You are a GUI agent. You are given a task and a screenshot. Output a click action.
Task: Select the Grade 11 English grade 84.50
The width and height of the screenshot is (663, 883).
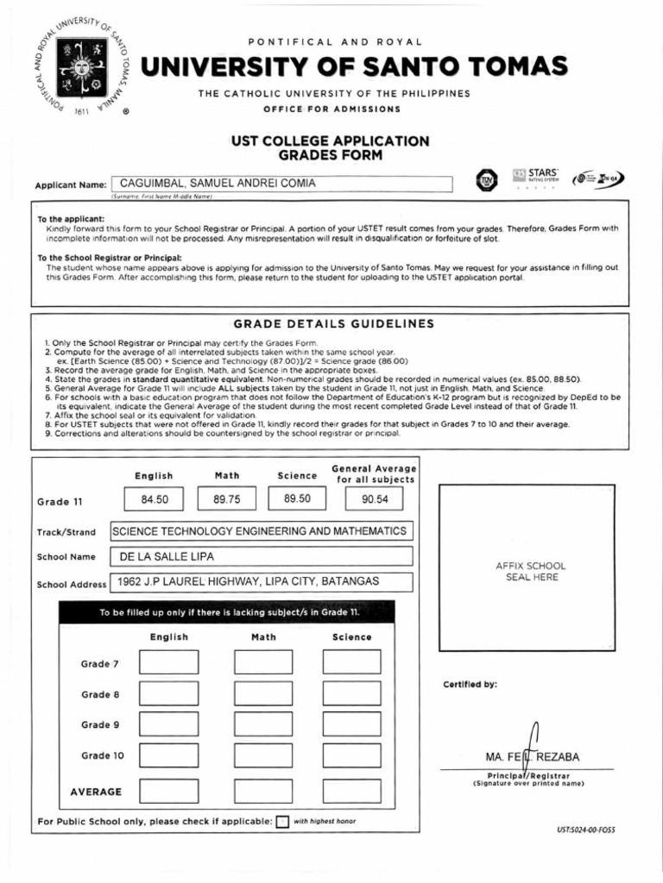point(156,499)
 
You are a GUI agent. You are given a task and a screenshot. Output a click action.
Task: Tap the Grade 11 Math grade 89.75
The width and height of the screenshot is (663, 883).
point(227,499)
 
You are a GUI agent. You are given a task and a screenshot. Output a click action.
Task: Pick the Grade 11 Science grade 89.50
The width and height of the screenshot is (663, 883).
point(298,499)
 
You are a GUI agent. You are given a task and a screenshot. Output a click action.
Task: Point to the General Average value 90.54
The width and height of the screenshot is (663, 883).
point(375,499)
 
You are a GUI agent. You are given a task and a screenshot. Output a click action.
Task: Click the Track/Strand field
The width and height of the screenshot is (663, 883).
point(261,531)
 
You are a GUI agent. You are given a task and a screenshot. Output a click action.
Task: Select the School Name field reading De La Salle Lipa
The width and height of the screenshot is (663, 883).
point(261,557)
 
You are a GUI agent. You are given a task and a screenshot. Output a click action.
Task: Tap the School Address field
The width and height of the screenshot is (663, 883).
point(261,582)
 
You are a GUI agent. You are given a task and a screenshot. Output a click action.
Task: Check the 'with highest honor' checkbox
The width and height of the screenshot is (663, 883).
point(282,822)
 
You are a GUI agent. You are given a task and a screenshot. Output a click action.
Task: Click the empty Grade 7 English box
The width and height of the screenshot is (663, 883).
point(168,662)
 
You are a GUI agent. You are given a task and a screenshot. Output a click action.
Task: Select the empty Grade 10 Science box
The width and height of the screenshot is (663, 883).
point(352,755)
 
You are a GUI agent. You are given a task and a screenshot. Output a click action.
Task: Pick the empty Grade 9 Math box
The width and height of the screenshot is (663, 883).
point(263,724)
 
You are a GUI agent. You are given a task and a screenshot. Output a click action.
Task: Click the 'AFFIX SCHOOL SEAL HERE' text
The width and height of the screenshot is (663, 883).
point(530,572)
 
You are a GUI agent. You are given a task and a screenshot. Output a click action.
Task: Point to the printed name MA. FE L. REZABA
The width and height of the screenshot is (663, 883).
point(533,758)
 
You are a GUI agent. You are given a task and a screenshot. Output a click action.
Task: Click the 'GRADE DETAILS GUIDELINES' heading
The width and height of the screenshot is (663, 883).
point(334,324)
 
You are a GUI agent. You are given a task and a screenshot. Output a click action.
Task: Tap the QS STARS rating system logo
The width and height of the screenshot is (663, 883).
point(536,176)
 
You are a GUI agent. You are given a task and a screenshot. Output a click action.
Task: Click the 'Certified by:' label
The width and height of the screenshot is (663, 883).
point(470,685)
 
